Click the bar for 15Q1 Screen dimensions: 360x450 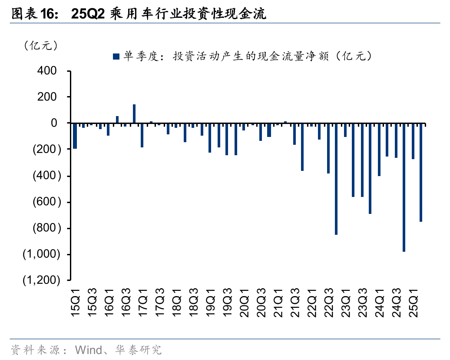click(75, 136)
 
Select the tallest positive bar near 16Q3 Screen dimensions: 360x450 click(134, 113)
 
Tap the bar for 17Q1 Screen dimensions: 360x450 click(142, 135)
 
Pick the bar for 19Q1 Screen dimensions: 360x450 click(210, 138)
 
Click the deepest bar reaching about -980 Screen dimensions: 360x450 click(404, 187)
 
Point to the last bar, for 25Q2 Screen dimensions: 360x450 click(421, 172)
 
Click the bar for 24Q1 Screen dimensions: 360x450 click(379, 149)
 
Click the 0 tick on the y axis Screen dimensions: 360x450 click(54, 123)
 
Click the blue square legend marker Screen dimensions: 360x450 click(116, 56)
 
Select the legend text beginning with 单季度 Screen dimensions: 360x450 click(248, 56)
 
